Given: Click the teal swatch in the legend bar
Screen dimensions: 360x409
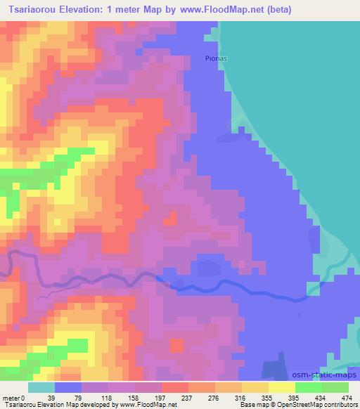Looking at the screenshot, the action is [x=41, y=388].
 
